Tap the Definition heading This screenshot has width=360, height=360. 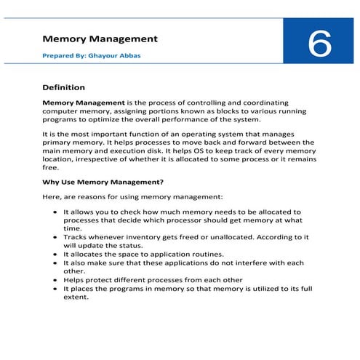[64, 87]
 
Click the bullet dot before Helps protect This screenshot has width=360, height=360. [56, 280]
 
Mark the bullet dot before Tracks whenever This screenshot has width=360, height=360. [56, 237]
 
